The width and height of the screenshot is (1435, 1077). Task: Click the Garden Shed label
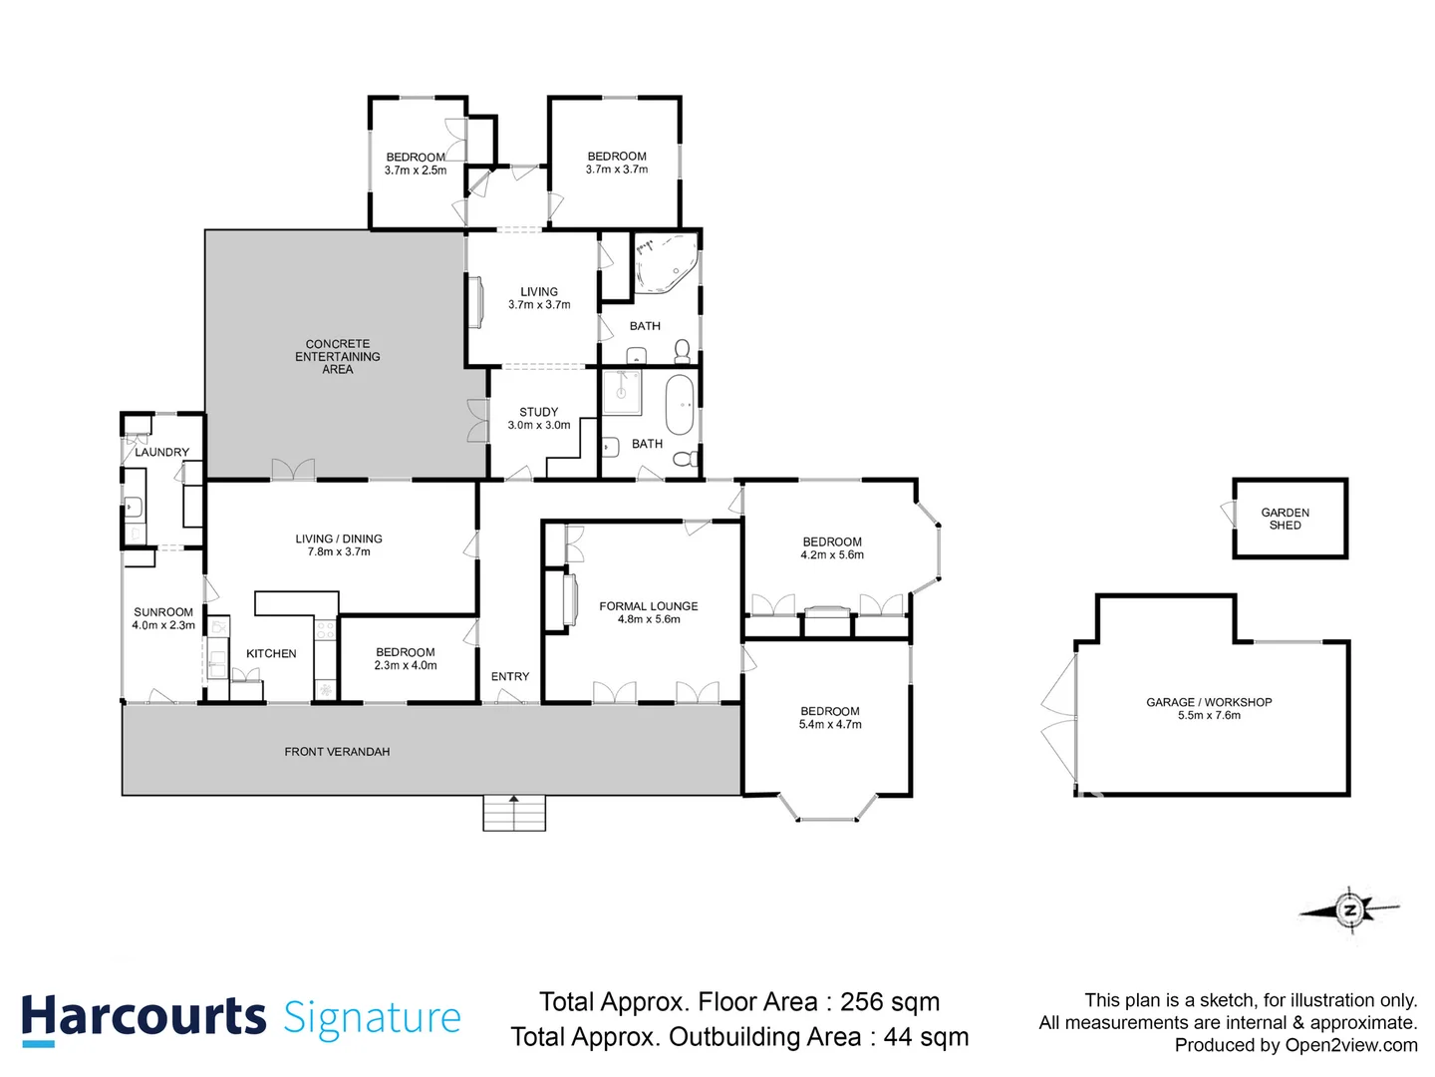tap(1285, 519)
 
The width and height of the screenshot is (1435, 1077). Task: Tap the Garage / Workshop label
tap(1209, 702)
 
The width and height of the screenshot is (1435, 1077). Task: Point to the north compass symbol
tap(1350, 909)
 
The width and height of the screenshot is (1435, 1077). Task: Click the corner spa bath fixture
tap(663, 263)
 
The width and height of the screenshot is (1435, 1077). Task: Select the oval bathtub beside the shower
tap(680, 405)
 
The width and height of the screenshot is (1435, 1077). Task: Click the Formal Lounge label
tap(648, 606)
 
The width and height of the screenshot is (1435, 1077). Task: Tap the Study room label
tap(538, 412)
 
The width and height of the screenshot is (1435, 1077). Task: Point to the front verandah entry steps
tap(514, 813)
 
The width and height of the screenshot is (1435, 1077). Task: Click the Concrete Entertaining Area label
tap(337, 356)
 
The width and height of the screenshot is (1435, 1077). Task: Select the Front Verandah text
tap(337, 752)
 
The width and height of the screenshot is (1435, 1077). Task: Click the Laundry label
tap(161, 453)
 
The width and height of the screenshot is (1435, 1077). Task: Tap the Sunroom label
tap(163, 612)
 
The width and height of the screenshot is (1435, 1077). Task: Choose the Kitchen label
tap(271, 654)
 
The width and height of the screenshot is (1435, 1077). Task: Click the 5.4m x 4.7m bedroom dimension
tap(830, 725)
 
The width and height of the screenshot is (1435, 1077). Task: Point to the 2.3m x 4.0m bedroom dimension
tap(406, 666)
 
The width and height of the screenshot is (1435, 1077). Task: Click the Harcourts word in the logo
tap(143, 1017)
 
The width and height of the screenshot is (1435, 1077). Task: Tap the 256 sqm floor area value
tap(889, 1002)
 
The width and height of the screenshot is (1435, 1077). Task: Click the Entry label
tap(510, 677)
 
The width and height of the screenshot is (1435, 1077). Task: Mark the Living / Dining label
tap(339, 538)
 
